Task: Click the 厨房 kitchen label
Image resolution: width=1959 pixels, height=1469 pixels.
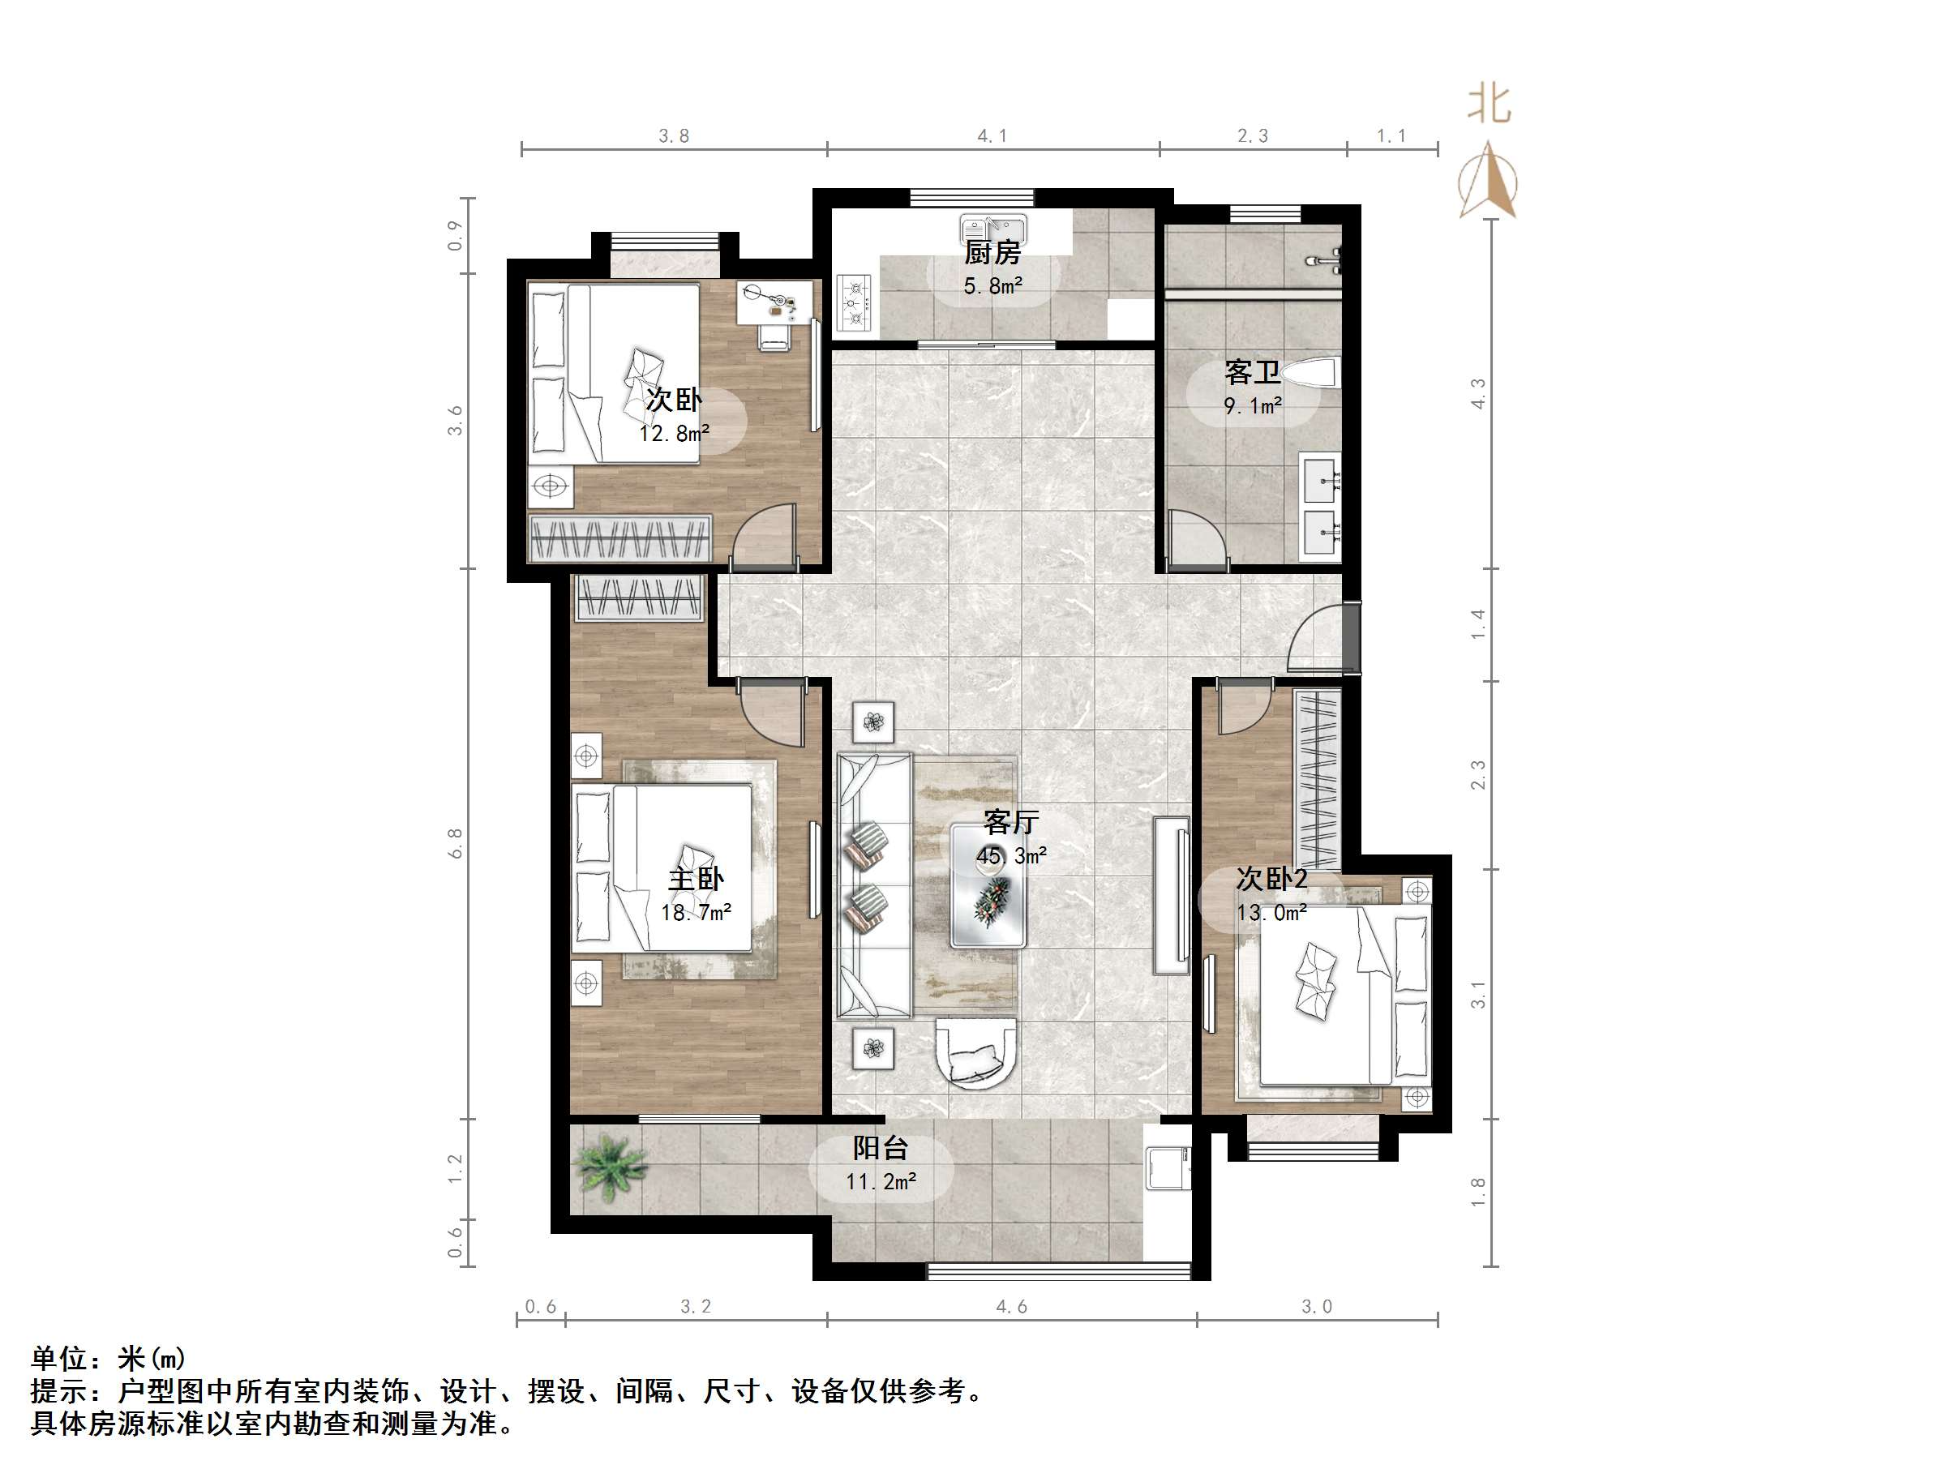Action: tap(992, 253)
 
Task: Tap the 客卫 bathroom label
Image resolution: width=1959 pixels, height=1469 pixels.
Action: tap(1252, 373)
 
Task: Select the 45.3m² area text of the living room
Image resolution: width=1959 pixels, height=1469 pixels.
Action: tap(1011, 856)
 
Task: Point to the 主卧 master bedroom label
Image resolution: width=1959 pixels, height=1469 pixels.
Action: tap(695, 880)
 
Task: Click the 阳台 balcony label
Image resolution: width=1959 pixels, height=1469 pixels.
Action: tap(881, 1149)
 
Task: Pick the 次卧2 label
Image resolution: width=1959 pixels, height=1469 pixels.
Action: tap(1271, 880)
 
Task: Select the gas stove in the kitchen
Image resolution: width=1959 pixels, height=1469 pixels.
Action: tap(855, 303)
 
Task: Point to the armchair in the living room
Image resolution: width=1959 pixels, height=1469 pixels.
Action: tap(976, 1053)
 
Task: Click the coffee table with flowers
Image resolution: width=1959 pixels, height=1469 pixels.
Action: tap(988, 885)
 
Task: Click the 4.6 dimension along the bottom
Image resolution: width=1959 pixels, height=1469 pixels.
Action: tap(1011, 1307)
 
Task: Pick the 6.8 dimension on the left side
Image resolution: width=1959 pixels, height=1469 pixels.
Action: tap(455, 843)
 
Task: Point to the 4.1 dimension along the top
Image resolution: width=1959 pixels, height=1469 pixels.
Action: tap(992, 136)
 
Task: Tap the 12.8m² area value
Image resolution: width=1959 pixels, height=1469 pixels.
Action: tap(675, 433)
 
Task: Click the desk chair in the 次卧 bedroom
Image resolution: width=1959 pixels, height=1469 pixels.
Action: tap(775, 336)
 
